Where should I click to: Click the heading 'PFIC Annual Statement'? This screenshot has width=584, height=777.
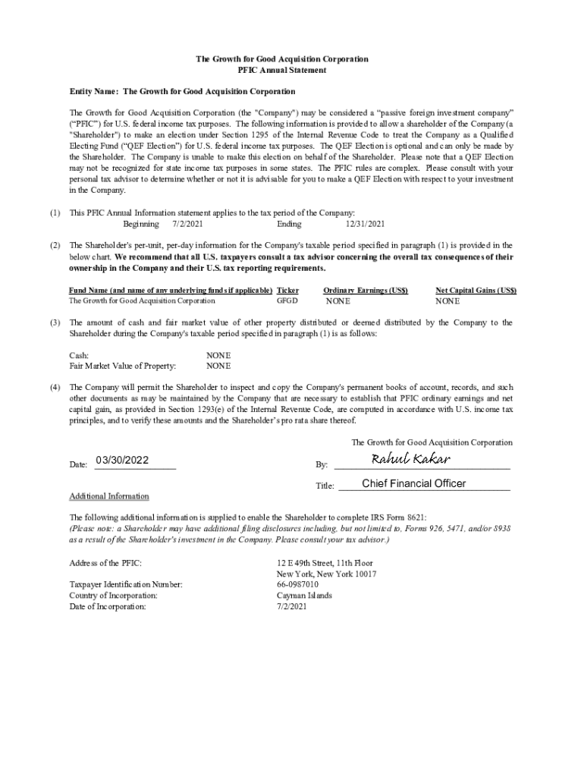[x=282, y=70]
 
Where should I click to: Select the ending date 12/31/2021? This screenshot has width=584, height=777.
[x=366, y=224]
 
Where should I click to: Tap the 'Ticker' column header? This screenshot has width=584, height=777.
[x=288, y=291]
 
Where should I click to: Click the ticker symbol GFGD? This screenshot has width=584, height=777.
[x=287, y=301]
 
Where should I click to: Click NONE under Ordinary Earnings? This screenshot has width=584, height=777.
[x=338, y=301]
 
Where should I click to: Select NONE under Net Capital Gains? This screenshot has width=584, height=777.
[x=447, y=301]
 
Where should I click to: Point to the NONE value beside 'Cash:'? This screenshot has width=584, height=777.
[x=218, y=355]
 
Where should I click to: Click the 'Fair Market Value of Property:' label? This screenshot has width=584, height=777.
[x=123, y=366]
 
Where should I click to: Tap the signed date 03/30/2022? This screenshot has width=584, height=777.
[x=122, y=461]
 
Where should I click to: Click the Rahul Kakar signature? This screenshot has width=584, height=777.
[x=411, y=459]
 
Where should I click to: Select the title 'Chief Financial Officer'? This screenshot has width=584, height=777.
[x=414, y=484]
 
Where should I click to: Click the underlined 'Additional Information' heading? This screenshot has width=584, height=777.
[x=109, y=496]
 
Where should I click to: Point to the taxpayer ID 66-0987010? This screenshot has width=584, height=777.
[x=298, y=585]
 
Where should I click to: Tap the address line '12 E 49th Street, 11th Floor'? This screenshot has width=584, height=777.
[x=325, y=564]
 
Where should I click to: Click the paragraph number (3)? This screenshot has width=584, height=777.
[x=55, y=322]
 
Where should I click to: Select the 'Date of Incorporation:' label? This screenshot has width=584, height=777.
[x=108, y=606]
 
